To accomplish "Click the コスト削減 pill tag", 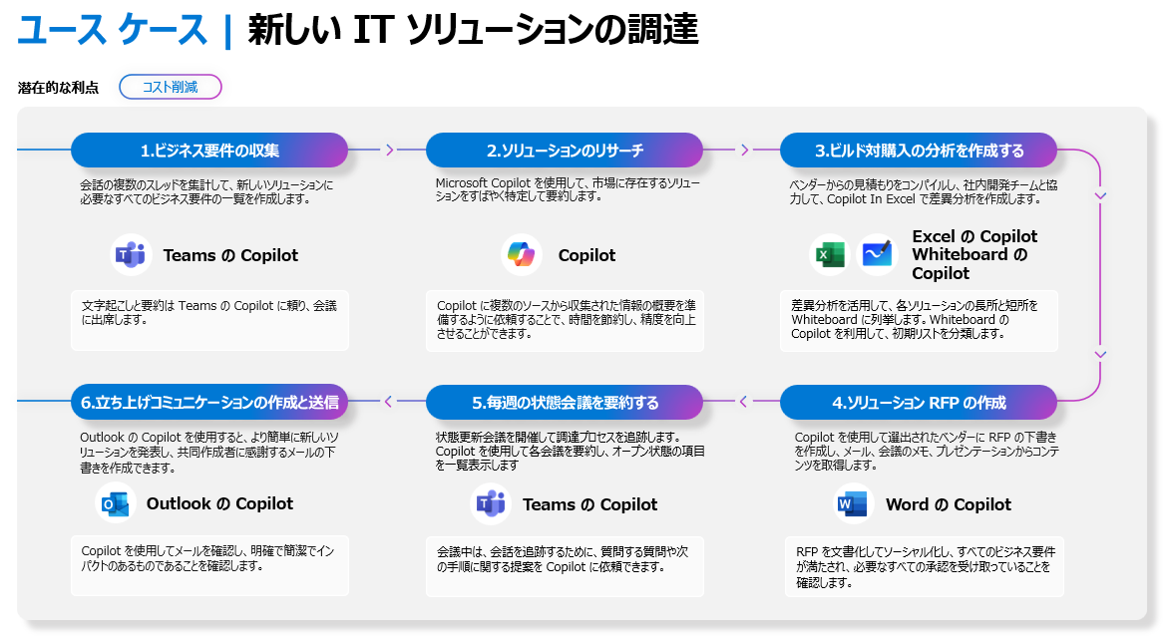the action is pyautogui.click(x=171, y=87).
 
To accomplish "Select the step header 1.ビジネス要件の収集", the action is pyautogui.click(x=209, y=151).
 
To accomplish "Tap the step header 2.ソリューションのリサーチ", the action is pyautogui.click(x=565, y=151).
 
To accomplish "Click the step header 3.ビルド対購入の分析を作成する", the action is pyautogui.click(x=919, y=151).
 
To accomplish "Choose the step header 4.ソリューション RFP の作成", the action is pyautogui.click(x=919, y=402).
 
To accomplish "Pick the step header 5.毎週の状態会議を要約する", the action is pyautogui.click(x=565, y=402).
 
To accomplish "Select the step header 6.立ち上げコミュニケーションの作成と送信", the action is pyautogui.click(x=209, y=402).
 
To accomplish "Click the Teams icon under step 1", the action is pyautogui.click(x=131, y=255).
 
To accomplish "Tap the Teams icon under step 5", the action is pyautogui.click(x=491, y=503).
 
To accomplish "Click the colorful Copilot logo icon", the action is pyautogui.click(x=522, y=255).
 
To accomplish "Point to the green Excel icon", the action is pyautogui.click(x=830, y=255).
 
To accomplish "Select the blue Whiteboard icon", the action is pyautogui.click(x=878, y=255).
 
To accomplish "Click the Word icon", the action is pyautogui.click(x=852, y=503).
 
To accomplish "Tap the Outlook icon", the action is pyautogui.click(x=115, y=503).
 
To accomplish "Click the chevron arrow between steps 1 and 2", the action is pyautogui.click(x=389, y=151).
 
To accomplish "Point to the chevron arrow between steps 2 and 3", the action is pyautogui.click(x=744, y=151).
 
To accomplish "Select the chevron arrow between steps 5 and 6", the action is pyautogui.click(x=388, y=402).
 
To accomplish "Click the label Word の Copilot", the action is pyautogui.click(x=948, y=504).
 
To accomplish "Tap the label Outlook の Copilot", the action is pyautogui.click(x=219, y=503).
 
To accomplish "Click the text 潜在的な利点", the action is pyautogui.click(x=58, y=88).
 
